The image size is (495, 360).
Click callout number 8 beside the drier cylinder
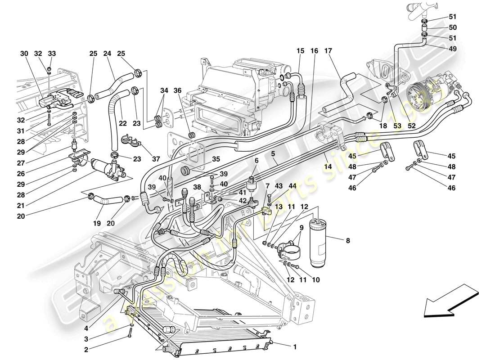(347, 241)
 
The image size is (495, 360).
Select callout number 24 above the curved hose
(107, 54)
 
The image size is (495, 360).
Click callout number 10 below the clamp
(316, 280)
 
